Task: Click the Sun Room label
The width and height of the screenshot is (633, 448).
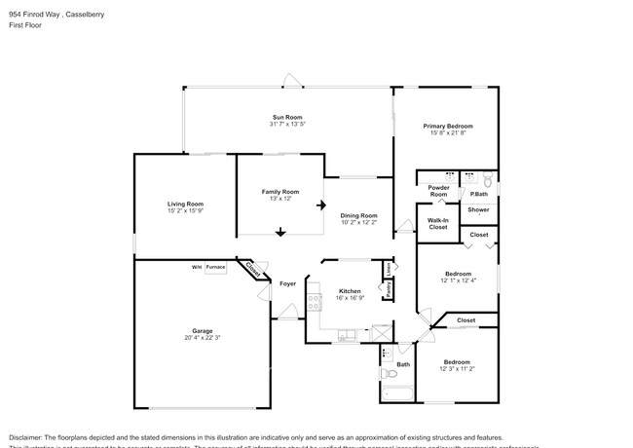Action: (x=286, y=117)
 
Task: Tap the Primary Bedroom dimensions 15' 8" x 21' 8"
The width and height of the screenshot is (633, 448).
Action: (x=448, y=133)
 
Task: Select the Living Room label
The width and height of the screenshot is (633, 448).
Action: (x=184, y=203)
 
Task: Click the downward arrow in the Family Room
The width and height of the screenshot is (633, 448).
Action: (x=279, y=232)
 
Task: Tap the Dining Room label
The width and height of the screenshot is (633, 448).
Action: (x=358, y=215)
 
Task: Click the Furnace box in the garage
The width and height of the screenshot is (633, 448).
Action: (x=214, y=266)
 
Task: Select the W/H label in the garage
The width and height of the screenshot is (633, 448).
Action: (x=196, y=266)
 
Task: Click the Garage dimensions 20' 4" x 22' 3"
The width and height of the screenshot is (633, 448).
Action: (x=202, y=338)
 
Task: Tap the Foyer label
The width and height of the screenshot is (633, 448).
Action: (x=287, y=283)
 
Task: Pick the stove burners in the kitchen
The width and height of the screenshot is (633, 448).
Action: (x=314, y=301)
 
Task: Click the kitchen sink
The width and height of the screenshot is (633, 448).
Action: (x=348, y=337)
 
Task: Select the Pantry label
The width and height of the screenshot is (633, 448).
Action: (x=388, y=290)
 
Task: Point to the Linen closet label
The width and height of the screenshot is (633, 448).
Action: (x=388, y=267)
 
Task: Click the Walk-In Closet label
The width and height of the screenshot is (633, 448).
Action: (x=437, y=223)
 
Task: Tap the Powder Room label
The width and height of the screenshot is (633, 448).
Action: (x=438, y=192)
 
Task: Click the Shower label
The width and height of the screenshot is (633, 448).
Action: (x=478, y=209)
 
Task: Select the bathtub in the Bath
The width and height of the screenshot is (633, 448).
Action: (x=396, y=394)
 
